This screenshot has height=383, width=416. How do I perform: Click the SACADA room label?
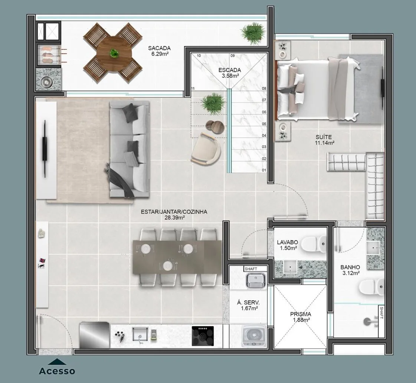pos(159,48)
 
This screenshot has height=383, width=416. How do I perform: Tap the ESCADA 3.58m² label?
pos(230,73)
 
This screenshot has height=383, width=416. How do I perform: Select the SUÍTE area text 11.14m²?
pos(324,143)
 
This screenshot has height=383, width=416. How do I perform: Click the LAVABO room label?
pos(287,242)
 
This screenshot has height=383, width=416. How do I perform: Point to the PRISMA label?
pos(301,314)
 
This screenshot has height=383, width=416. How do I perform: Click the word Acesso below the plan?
pos(57,371)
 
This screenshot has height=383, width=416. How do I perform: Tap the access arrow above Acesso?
pos(57,362)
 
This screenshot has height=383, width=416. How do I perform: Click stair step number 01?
pos(264,170)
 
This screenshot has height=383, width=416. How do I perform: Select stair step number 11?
pos(193,88)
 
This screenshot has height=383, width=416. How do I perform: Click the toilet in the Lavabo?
pos(314,244)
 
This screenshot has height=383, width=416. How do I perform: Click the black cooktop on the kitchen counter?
pos(203,336)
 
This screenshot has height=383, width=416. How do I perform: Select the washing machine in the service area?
pos(254,335)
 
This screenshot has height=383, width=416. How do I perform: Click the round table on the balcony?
pos(114,53)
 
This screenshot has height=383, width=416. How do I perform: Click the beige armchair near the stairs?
pos(206,148)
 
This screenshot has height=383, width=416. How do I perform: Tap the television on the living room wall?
pos(45,149)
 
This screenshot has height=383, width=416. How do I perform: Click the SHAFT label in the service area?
pos(251,269)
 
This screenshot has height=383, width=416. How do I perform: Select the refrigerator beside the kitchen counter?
pos(95,335)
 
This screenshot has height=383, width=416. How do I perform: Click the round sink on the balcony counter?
pos(47,82)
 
